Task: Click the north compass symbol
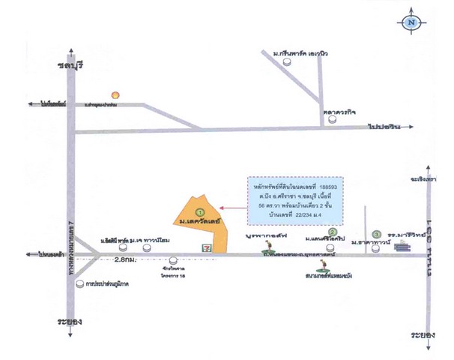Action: [411, 22]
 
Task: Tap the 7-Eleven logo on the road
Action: [204, 244]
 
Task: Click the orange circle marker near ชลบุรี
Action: [115, 95]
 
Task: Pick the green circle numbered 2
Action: [342, 232]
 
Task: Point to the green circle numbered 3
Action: [378, 233]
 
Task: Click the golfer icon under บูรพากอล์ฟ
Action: [266, 247]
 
